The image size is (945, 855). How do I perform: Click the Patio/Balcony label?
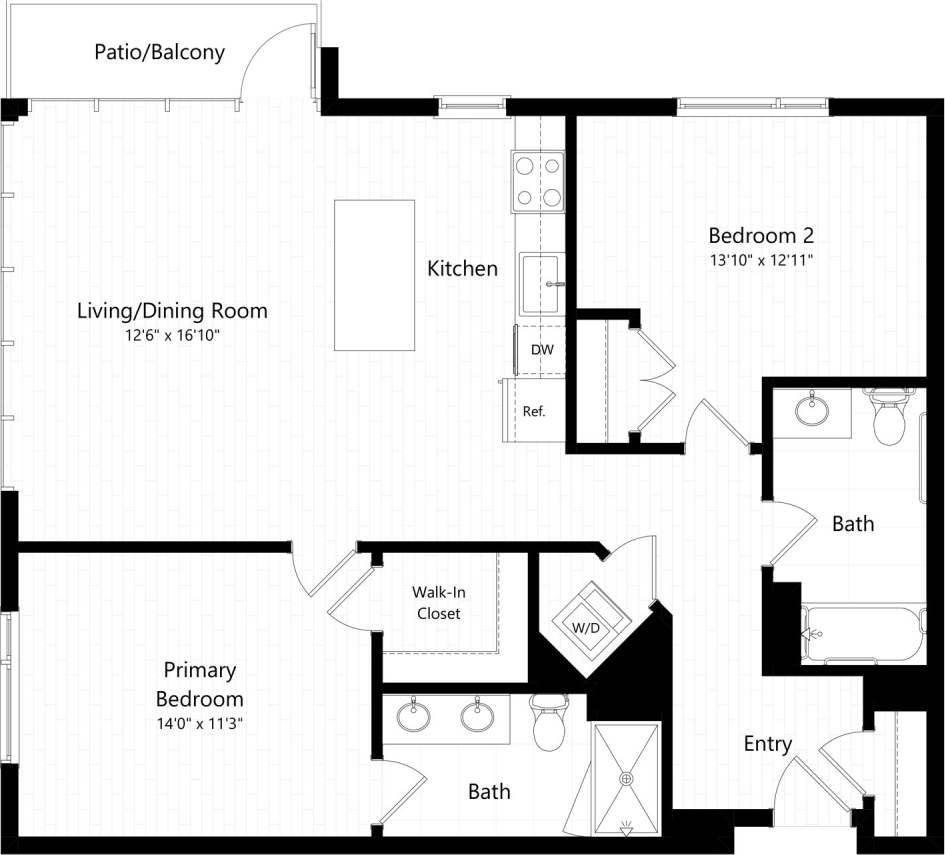coord(159,52)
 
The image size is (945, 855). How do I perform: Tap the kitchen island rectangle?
coord(374,275)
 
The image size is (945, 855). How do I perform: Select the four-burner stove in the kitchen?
coord(538,181)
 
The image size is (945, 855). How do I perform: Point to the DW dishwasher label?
coord(542,350)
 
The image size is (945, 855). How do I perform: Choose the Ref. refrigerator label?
coord(534,410)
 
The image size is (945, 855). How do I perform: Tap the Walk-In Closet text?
coord(439,603)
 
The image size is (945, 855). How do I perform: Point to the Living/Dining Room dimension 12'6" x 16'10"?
coord(172,334)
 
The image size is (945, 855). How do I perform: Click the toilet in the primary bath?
coord(550,725)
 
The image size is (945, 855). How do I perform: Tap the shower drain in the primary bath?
coord(627,778)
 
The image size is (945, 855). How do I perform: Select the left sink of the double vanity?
coord(412,717)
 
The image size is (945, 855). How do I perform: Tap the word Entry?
coord(767,744)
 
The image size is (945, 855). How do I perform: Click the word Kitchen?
coord(462,268)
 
